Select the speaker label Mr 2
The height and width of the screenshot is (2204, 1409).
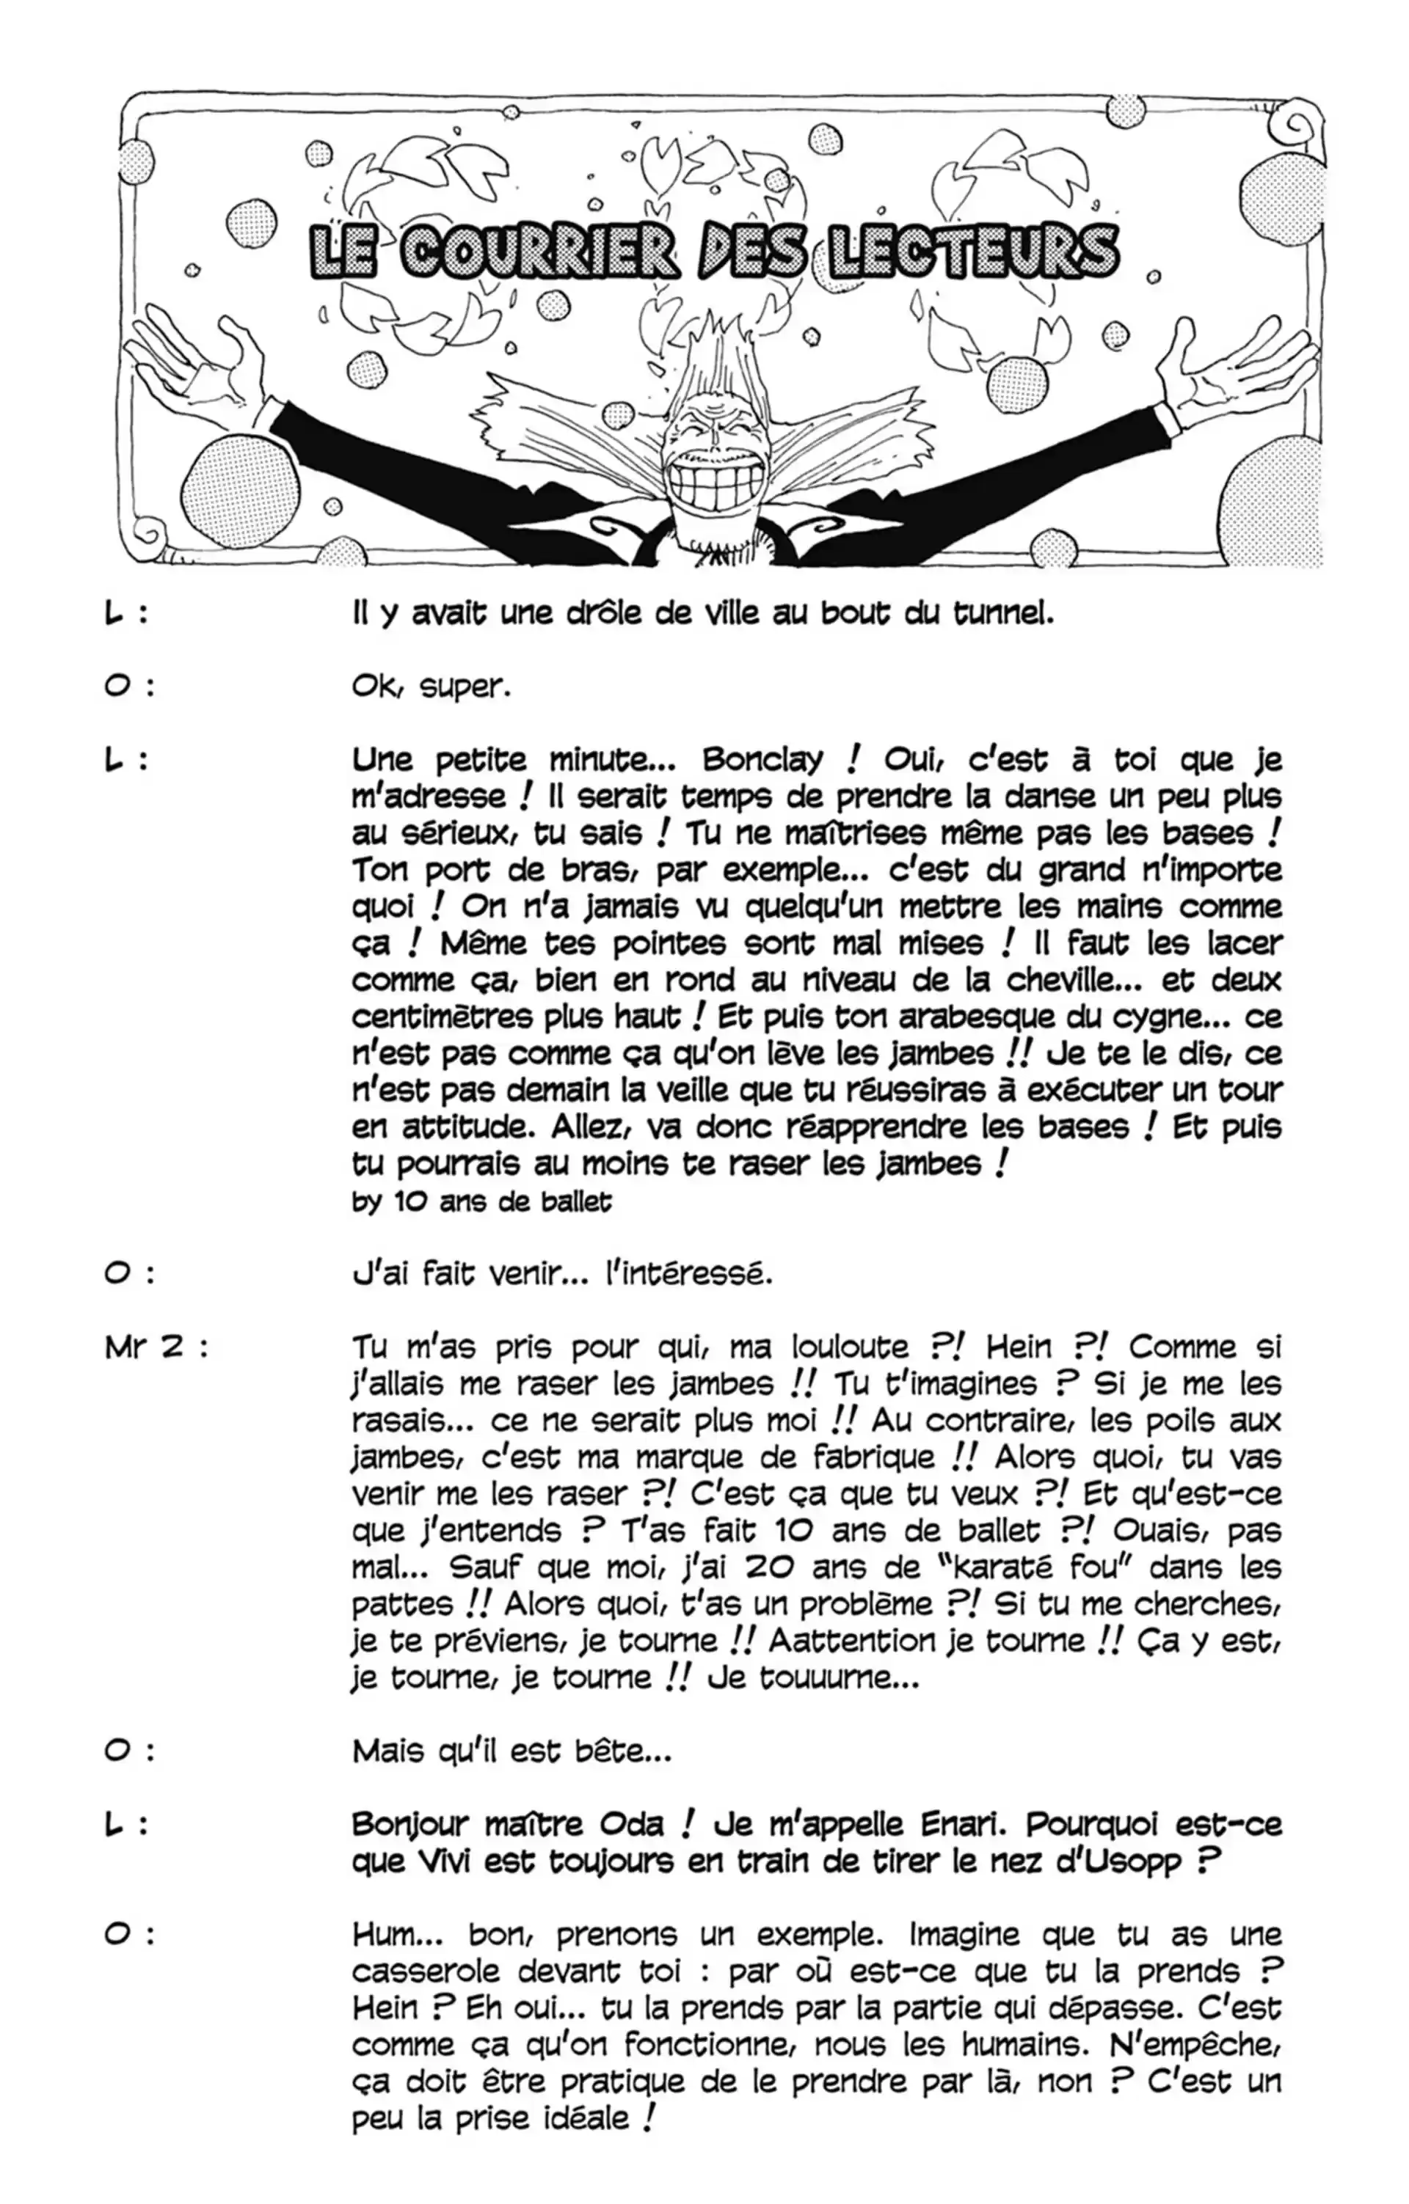click(x=156, y=1347)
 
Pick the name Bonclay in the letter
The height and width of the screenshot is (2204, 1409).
click(x=762, y=760)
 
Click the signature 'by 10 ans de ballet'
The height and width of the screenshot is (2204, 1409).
click(x=481, y=1201)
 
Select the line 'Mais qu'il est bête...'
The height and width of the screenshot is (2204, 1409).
click(x=511, y=1751)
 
